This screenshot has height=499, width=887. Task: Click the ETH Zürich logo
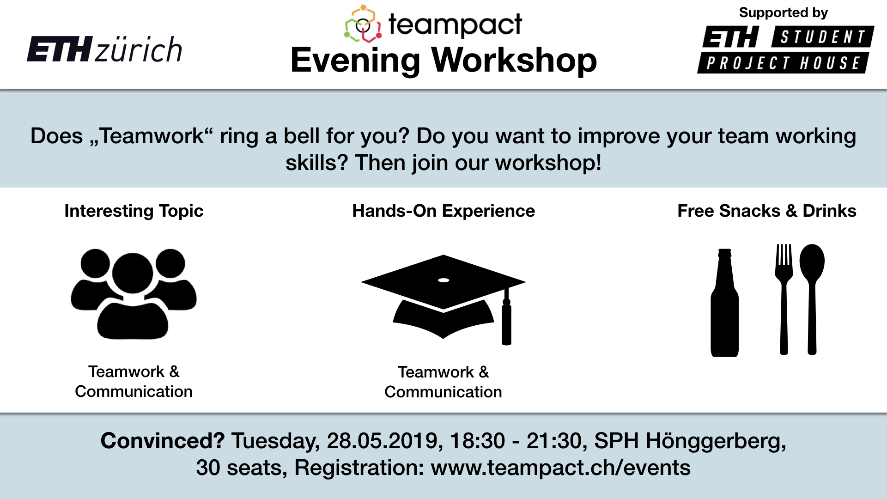click(104, 49)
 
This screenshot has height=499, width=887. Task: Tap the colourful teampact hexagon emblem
click(363, 24)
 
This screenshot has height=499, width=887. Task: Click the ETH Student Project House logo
click(785, 49)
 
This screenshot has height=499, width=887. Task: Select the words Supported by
click(784, 13)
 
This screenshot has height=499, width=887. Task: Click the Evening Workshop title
click(443, 60)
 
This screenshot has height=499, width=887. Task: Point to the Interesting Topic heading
click(134, 211)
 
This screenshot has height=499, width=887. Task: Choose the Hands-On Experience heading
click(443, 211)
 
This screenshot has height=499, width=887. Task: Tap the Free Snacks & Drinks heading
click(767, 211)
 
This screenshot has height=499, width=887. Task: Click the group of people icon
click(134, 294)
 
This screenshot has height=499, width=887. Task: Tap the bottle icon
click(724, 303)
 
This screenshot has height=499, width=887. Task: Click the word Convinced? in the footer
click(163, 441)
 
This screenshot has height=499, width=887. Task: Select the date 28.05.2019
click(382, 441)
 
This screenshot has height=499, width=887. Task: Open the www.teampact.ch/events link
click(561, 468)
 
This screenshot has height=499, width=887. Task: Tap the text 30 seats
click(239, 468)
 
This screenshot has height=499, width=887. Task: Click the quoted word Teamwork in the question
click(152, 136)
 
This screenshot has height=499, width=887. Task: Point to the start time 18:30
click(477, 441)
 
